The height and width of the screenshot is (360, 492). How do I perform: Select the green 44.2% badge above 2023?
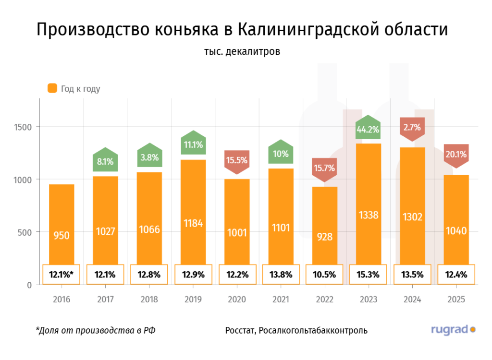click(x=368, y=129)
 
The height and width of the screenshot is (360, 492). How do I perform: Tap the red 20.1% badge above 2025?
click(x=456, y=154)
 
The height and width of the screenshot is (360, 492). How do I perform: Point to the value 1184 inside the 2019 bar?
click(x=193, y=223)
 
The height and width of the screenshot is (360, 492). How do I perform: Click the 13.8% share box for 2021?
click(x=281, y=275)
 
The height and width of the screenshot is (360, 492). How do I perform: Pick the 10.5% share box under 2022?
click(x=324, y=275)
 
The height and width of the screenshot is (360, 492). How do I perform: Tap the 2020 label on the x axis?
click(x=237, y=300)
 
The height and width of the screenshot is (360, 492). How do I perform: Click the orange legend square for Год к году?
click(x=52, y=88)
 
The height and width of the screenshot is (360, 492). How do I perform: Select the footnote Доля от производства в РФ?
click(x=96, y=330)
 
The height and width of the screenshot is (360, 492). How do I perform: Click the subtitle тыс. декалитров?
click(x=242, y=51)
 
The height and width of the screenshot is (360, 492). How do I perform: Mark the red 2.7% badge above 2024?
click(x=412, y=128)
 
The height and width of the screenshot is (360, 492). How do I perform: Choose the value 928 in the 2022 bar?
click(x=324, y=236)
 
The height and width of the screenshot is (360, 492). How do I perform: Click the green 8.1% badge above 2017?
click(x=105, y=161)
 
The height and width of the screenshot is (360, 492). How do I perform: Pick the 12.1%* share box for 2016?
click(x=61, y=275)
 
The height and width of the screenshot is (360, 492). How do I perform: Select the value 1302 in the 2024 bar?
click(x=412, y=217)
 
